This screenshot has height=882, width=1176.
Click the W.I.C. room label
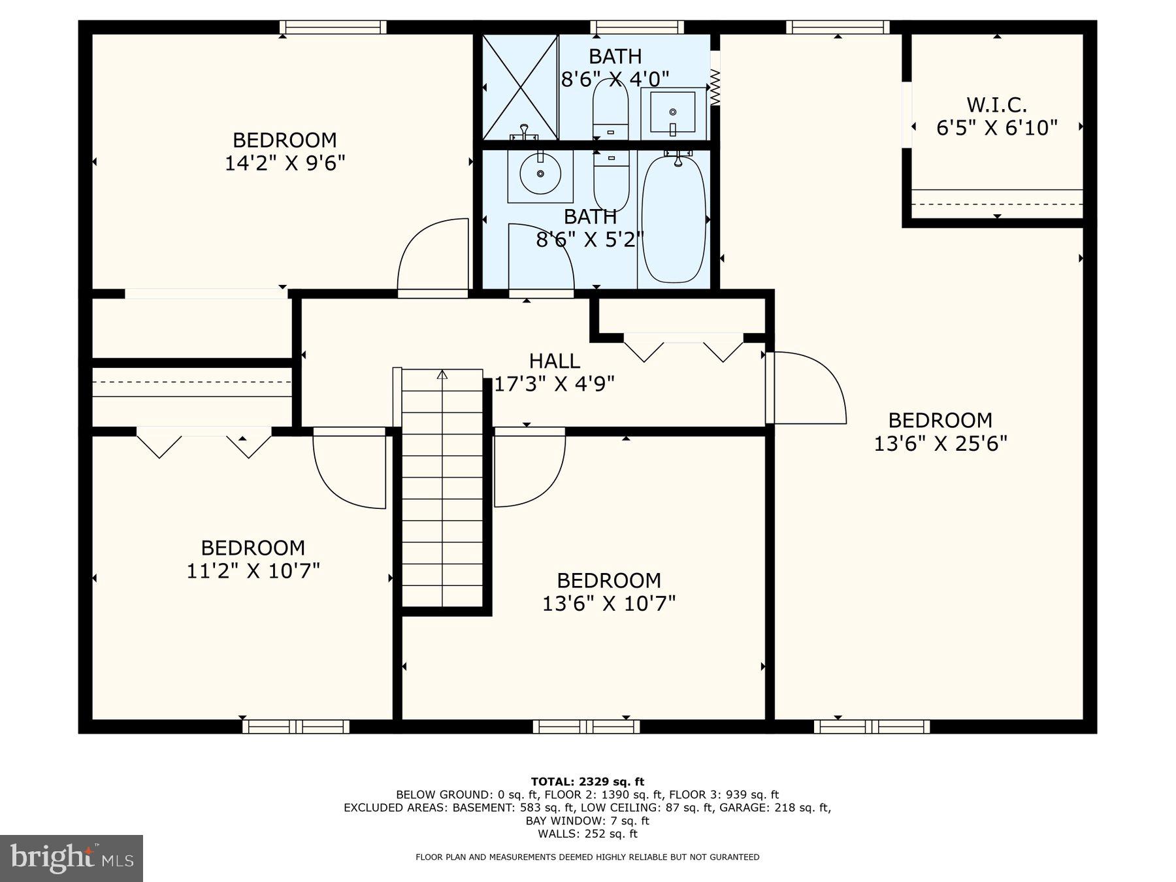tap(996, 105)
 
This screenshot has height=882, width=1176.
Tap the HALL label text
tap(554, 361)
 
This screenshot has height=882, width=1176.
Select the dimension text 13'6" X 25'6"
tap(940, 444)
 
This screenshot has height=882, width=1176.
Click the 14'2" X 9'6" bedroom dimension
tap(284, 163)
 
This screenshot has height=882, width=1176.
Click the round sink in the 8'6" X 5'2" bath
tap(540, 174)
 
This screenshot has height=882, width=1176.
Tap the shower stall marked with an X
tap(520, 87)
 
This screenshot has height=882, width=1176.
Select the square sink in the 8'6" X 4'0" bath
tap(673, 113)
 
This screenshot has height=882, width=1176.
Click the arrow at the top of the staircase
tap(442, 375)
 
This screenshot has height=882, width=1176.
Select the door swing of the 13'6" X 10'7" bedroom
tap(527, 468)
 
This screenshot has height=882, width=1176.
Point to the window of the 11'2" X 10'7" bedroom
tap(296, 727)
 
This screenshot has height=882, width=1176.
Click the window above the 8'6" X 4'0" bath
tap(637, 27)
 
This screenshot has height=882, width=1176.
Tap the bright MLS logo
tap(71, 858)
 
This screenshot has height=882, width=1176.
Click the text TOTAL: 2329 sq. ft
tap(587, 781)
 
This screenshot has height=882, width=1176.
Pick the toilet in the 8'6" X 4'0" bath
tap(610, 111)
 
